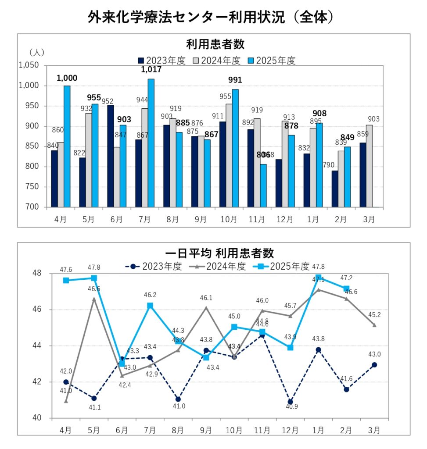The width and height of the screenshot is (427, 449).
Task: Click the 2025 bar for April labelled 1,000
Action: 67,146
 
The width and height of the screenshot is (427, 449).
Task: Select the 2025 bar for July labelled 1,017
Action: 151,143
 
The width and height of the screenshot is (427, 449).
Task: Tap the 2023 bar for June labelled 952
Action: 111,156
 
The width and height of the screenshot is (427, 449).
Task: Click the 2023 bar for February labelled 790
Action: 335,189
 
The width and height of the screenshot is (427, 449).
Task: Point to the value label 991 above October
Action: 235,80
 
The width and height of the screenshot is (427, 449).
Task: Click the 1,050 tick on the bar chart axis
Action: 29,65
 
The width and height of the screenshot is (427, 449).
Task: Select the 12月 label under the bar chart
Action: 285,218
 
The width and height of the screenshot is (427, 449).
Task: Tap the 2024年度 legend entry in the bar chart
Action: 216,61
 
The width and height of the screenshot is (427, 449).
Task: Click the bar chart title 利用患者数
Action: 215,45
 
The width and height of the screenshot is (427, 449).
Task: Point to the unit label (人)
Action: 37,52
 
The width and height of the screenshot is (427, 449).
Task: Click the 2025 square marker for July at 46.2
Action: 150,306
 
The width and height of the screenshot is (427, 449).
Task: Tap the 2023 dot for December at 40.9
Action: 290,402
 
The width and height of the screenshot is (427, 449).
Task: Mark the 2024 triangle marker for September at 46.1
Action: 206,307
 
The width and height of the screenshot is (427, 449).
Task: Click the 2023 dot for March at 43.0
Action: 374,365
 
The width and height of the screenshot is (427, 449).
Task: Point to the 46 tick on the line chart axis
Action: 39,310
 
